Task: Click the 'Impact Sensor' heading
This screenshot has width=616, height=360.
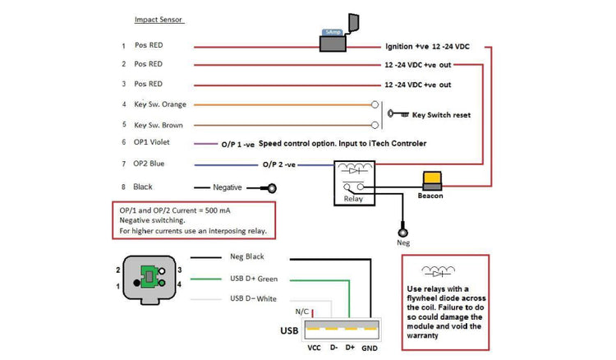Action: coord(160,19)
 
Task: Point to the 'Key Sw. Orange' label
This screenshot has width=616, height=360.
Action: coord(160,104)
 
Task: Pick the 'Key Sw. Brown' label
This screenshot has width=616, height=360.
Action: coord(159,125)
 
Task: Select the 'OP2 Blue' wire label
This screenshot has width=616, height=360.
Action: coord(151,164)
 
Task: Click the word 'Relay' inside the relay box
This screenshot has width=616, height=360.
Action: coord(353,198)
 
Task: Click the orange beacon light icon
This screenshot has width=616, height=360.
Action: coord(431,179)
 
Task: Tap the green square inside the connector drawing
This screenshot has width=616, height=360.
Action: coord(149,277)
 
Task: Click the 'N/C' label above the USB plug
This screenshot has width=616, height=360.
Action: coord(301,312)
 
